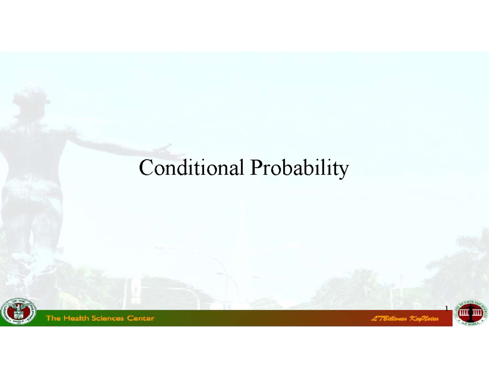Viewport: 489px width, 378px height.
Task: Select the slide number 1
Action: point(446,308)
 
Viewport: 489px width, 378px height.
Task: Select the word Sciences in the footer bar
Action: point(108,318)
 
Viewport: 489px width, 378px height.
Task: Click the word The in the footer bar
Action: point(53,318)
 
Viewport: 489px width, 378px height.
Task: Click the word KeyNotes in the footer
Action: point(423,319)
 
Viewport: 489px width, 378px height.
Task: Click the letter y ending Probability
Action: point(345,170)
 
